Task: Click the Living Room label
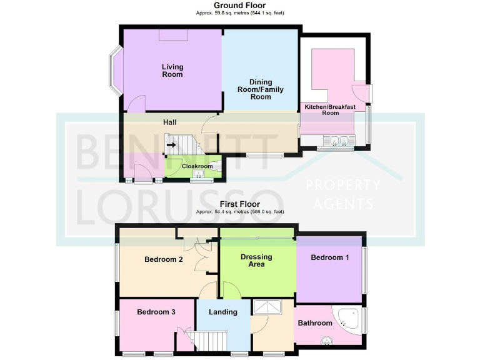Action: tap(172, 71)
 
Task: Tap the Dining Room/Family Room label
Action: tap(266, 89)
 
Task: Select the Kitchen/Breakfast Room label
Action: tap(330, 110)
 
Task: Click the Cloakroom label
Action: tap(195, 166)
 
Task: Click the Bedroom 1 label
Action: tap(331, 257)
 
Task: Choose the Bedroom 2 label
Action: tap(163, 260)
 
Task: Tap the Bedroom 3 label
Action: tap(156, 312)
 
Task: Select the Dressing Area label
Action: tap(257, 260)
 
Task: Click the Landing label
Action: tap(222, 312)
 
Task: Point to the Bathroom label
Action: tap(314, 323)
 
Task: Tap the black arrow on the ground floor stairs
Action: tap(171, 146)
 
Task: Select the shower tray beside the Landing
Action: tap(267, 307)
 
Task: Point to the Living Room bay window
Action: tap(116, 71)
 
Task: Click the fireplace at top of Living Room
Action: tap(172, 35)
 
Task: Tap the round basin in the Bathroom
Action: tap(326, 341)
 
